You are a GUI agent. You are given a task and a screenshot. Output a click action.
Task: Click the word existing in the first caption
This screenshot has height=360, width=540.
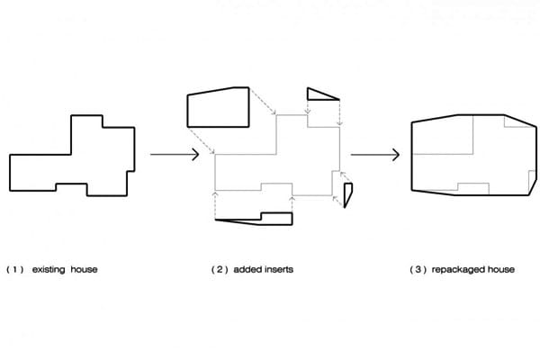click(49, 269)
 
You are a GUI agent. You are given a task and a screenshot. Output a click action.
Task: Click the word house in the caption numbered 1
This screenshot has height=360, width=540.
click(84, 269)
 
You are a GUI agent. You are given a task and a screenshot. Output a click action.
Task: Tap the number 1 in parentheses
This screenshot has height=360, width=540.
click(14, 269)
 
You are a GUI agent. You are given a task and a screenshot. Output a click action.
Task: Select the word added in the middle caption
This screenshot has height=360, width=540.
click(246, 269)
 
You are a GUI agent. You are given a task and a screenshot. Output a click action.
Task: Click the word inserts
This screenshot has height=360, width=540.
click(278, 269)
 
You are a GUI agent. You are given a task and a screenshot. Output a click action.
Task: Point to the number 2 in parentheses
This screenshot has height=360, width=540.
click(220, 269)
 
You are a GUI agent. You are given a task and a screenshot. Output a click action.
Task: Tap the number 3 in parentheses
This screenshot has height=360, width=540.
click(418, 269)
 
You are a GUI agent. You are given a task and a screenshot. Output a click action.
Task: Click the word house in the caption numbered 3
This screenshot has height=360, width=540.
click(500, 269)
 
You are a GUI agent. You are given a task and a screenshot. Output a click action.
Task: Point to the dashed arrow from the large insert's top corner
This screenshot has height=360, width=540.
click(263, 101)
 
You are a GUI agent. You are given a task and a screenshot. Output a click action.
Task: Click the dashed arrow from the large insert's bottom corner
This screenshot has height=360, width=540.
click(201, 140)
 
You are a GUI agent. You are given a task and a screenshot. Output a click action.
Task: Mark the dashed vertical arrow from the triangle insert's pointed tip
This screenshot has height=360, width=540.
click(339, 113)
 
